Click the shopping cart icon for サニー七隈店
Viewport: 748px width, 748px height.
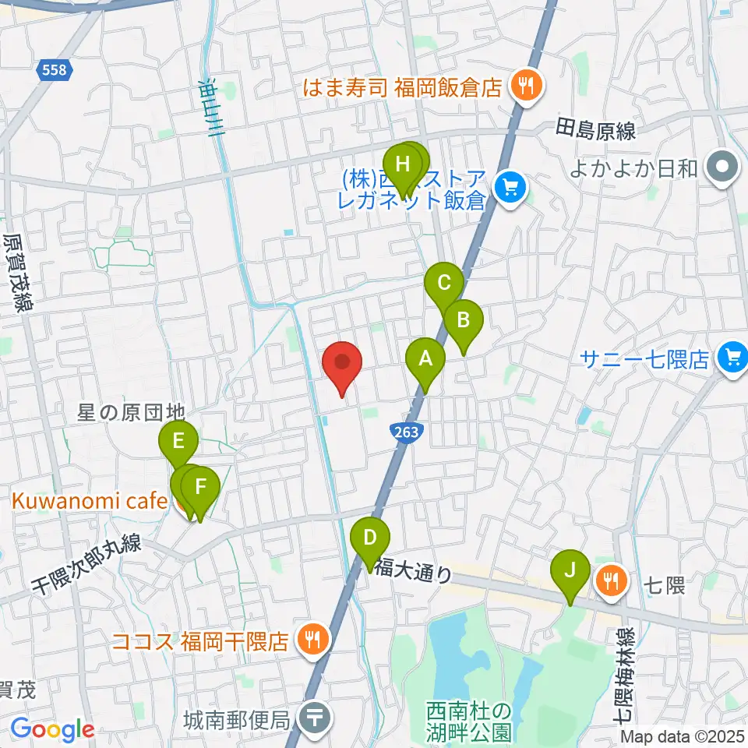pyautogui.click(x=732, y=358)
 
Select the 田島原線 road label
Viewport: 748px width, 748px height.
pyautogui.click(x=595, y=129)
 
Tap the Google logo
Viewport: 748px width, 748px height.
pyautogui.click(x=52, y=729)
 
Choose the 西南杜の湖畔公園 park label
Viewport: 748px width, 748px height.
pyautogui.click(x=469, y=722)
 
